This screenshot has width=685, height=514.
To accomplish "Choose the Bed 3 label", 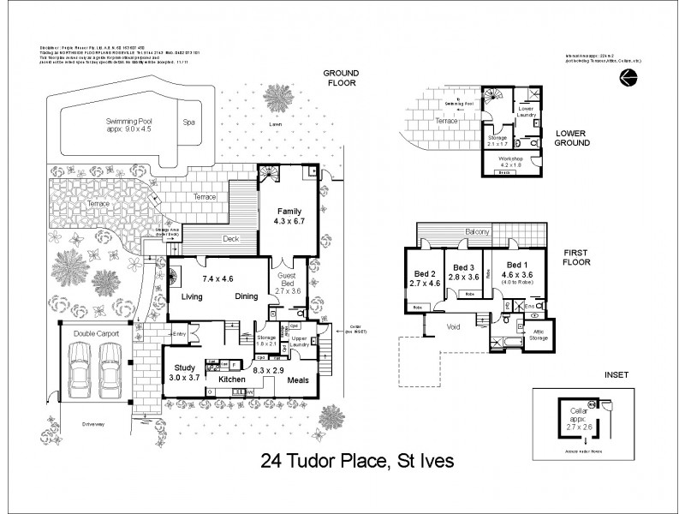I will pos(462,268).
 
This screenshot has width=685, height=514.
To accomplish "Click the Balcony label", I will pos(478,232).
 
